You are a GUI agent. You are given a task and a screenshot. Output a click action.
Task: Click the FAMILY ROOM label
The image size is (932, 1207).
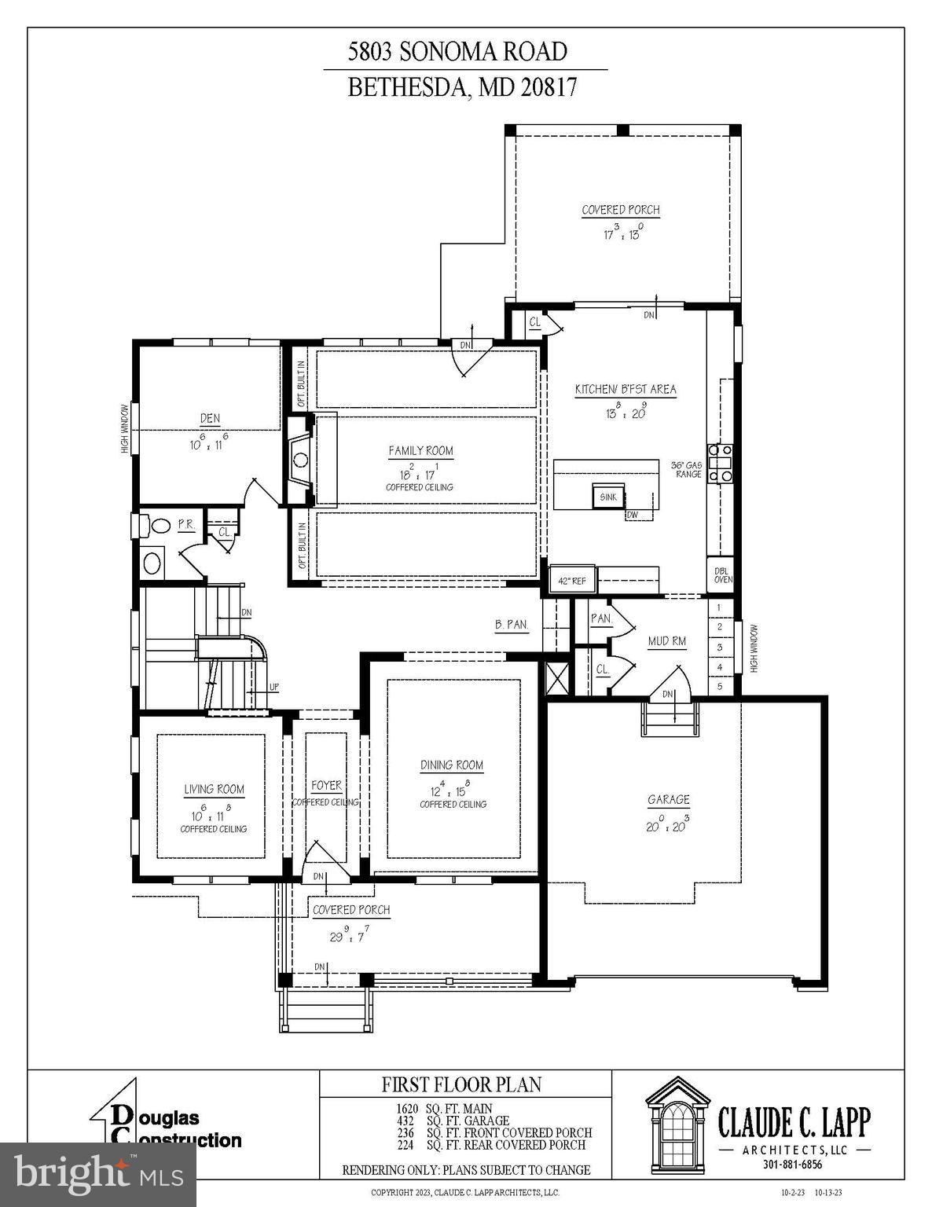(421, 451)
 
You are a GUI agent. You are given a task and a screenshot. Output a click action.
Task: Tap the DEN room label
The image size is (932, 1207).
(210, 419)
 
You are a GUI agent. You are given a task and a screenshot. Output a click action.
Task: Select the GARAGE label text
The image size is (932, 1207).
(669, 800)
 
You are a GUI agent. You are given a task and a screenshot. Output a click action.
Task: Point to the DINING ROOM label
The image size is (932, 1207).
(452, 765)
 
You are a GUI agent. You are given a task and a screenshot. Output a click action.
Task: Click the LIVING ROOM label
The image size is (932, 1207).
(214, 790)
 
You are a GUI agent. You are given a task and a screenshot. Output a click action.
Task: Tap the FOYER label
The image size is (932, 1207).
(326, 786)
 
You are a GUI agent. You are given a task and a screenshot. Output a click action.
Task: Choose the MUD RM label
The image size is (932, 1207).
(667, 642)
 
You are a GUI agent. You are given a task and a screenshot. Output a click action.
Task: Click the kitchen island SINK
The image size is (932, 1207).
(608, 497)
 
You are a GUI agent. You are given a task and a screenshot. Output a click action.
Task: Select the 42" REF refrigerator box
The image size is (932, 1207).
(573, 581)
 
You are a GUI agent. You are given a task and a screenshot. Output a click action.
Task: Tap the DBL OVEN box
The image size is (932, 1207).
(722, 576)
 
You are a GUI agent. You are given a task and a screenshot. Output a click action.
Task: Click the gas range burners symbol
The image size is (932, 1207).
(721, 464)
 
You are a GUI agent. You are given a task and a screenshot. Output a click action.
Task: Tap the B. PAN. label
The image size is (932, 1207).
(512, 626)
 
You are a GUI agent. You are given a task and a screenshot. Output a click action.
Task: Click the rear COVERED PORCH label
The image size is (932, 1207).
(621, 211)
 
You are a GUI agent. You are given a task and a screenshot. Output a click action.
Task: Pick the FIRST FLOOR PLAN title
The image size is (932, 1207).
(461, 1085)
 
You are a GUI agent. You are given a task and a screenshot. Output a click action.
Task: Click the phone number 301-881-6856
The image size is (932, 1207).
(792, 1165)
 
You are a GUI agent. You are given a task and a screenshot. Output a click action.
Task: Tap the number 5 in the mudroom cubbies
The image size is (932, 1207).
(719, 686)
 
